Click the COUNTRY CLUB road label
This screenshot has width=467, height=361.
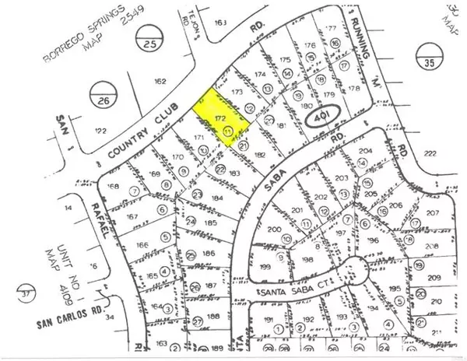pyautogui.click(x=140, y=131)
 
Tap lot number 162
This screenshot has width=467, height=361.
pyautogui.click(x=161, y=81)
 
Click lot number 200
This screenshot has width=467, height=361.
pyautogui.click(x=273, y=230)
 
